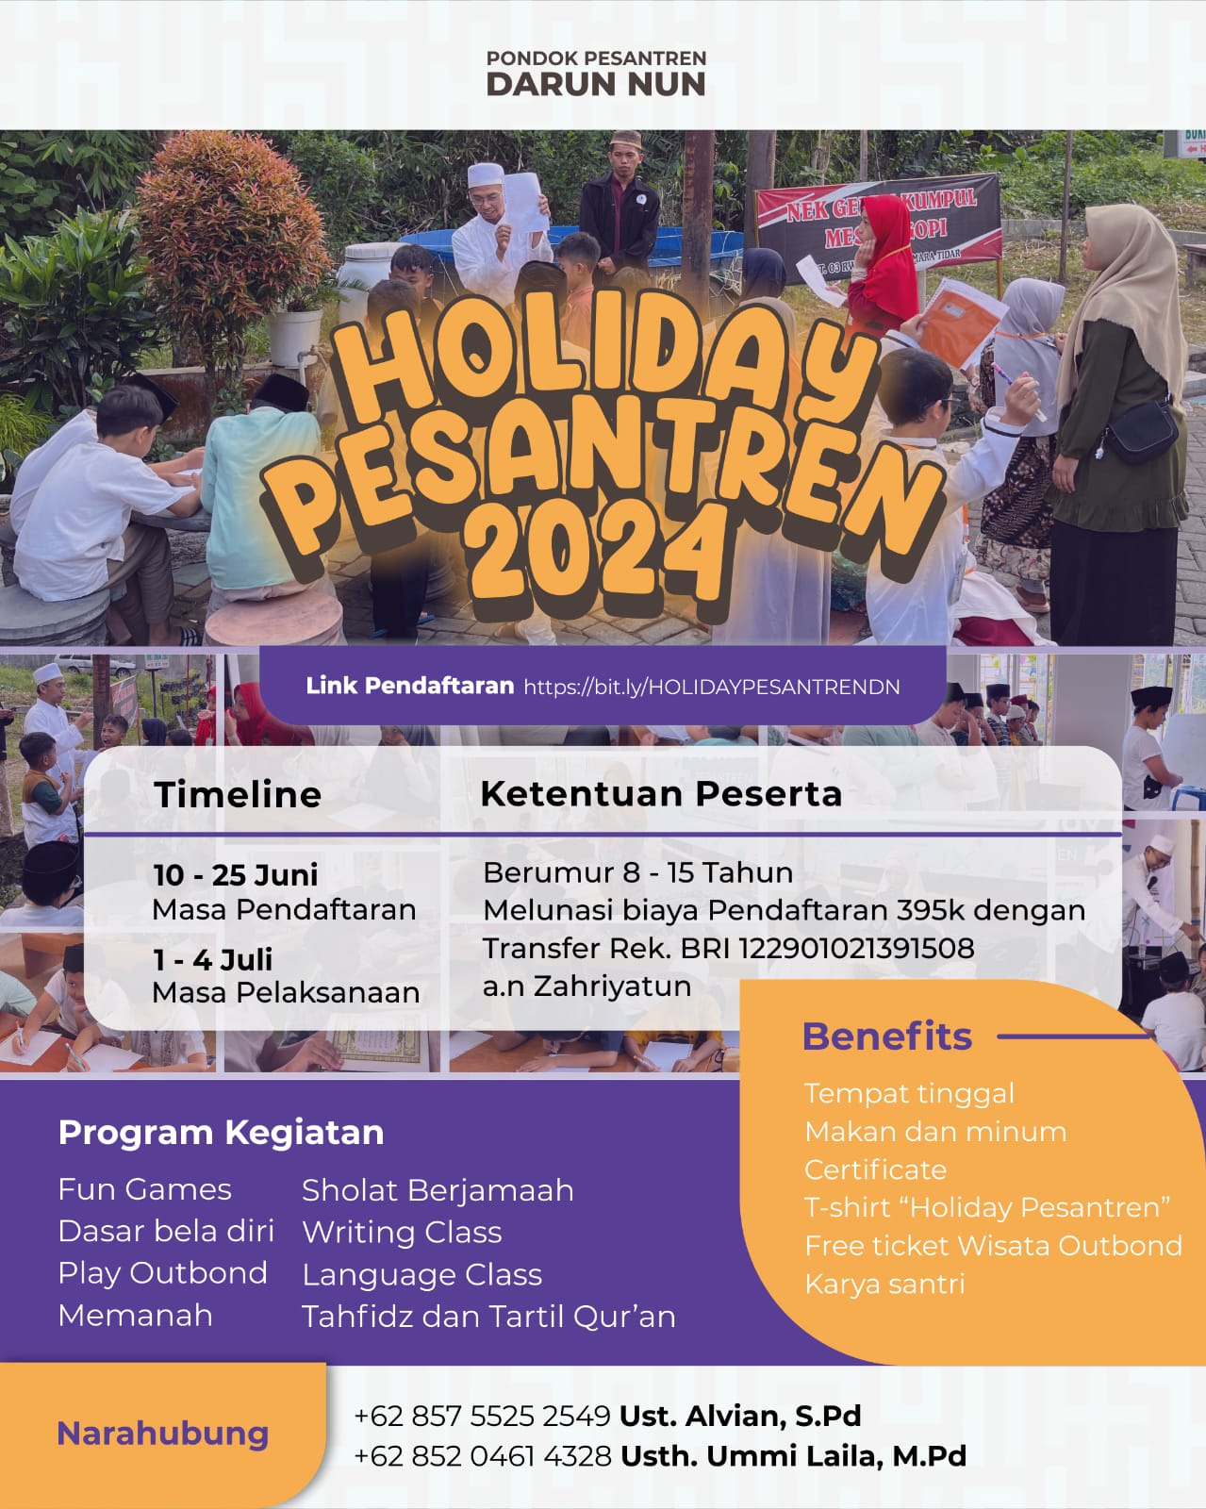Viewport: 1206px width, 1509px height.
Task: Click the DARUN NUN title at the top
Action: (x=596, y=84)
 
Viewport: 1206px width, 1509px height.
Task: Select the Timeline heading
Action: (x=238, y=795)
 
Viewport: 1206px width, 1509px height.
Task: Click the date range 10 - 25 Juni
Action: (x=236, y=875)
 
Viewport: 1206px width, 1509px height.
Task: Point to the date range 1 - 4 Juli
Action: (x=212, y=960)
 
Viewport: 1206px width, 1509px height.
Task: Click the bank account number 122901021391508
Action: (x=857, y=949)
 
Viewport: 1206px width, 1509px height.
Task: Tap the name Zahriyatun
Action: (x=612, y=987)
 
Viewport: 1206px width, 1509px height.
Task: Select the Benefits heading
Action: (x=887, y=1036)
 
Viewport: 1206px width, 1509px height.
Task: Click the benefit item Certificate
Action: (x=875, y=1169)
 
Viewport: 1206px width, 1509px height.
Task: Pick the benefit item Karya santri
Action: (x=884, y=1284)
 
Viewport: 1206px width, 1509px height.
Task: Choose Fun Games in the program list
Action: (x=145, y=1189)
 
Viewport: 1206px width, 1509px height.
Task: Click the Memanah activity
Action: (x=136, y=1316)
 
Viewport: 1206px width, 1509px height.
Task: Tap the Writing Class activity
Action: (x=402, y=1232)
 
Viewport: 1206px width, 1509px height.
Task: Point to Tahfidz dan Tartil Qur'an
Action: (x=488, y=1317)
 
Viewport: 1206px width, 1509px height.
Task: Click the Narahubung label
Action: (x=163, y=1434)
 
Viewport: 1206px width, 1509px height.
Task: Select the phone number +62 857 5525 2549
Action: (x=483, y=1417)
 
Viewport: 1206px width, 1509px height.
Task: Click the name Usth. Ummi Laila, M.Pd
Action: (x=794, y=1456)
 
